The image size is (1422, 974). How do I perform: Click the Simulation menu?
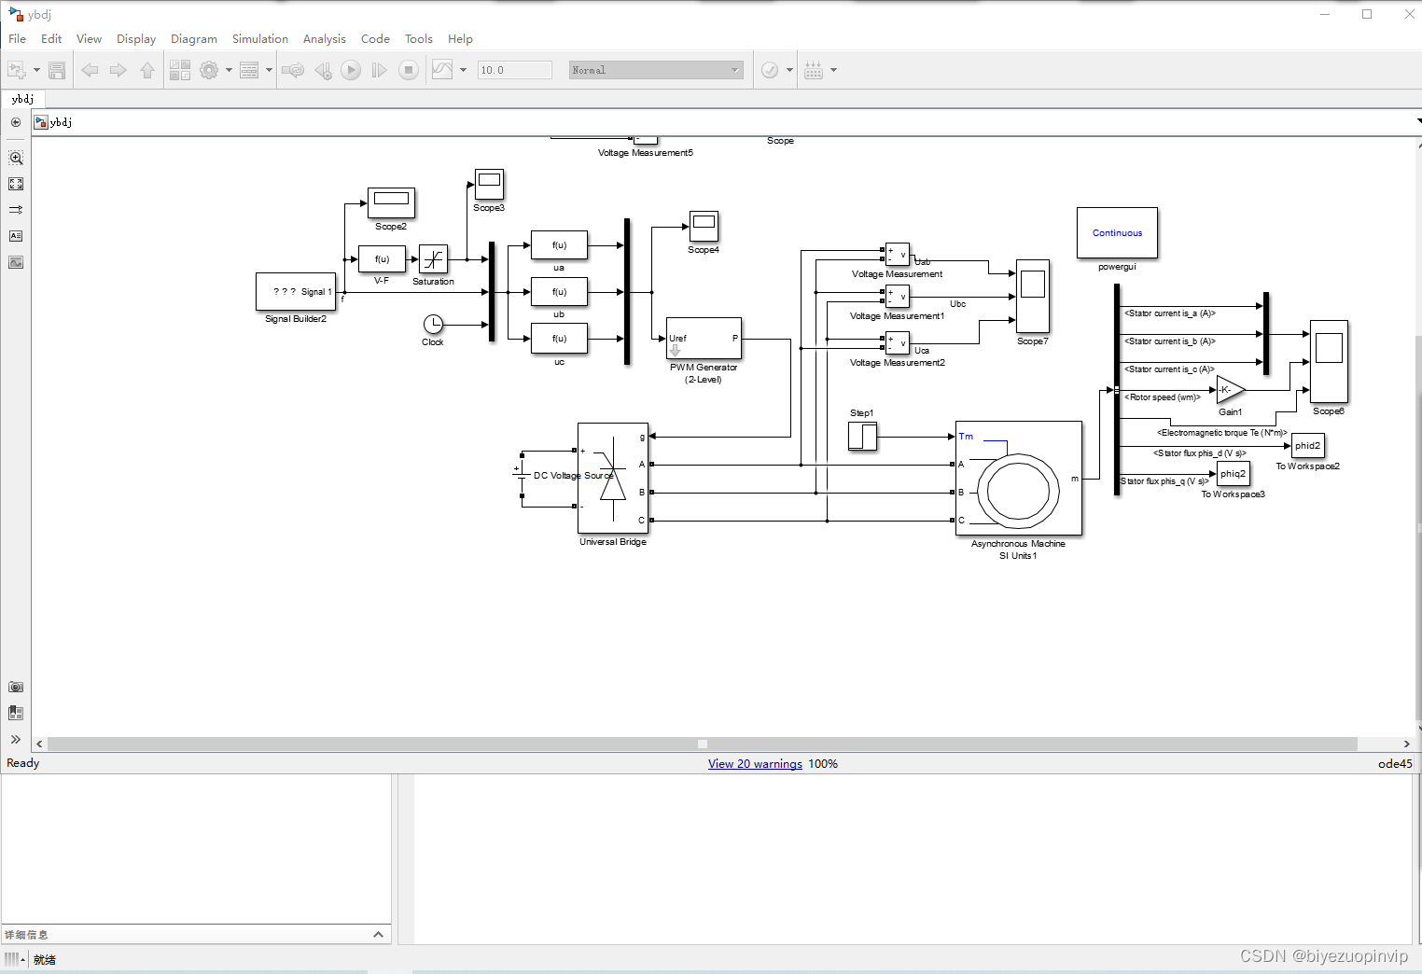pos(259,39)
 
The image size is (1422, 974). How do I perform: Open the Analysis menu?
pos(324,39)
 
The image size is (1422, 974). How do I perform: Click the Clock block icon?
pos(433,324)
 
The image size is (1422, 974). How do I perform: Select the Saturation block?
pos(433,259)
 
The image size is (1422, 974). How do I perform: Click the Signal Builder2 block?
pos(296,291)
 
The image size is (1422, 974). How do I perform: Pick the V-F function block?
pos(382,258)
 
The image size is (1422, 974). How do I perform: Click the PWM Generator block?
pos(704,339)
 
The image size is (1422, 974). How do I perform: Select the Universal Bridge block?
pos(612,479)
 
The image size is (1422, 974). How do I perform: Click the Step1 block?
pos(862,436)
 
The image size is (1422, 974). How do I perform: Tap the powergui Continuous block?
pos(1117,233)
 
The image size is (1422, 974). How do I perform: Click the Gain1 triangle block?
pos(1229,390)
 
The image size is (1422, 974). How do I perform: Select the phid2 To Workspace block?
pos(1307,446)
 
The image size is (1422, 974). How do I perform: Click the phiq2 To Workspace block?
pos(1233,474)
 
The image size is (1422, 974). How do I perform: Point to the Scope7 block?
pos(1032,296)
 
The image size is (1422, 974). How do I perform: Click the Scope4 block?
pos(704,226)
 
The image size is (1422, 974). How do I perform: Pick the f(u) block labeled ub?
pos(559,292)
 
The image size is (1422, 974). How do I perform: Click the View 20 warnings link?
pos(755,764)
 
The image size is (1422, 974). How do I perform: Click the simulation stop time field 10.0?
pos(514,70)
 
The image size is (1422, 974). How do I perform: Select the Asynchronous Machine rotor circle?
pos(1018,491)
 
